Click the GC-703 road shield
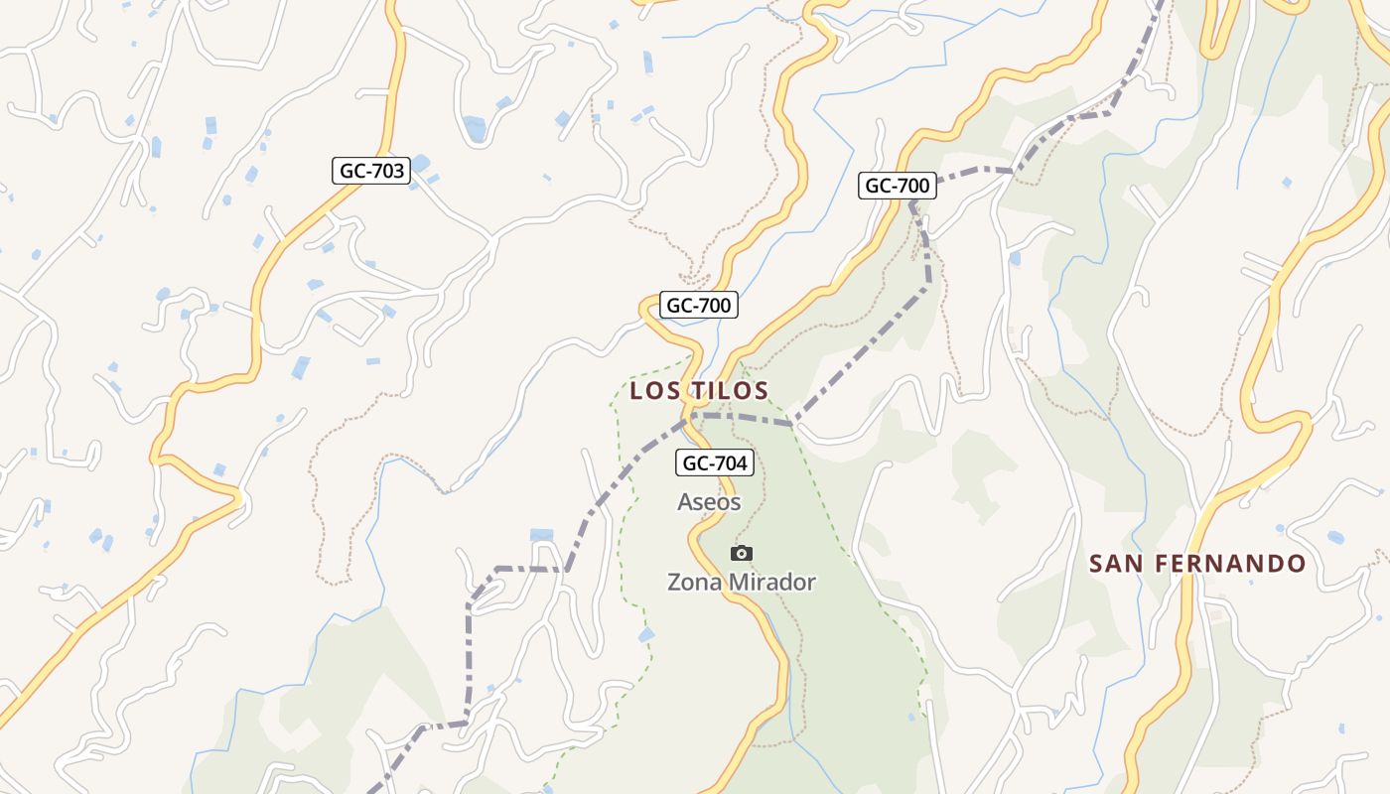(x=371, y=171)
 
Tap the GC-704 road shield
(x=715, y=462)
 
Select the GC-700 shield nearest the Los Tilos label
(x=699, y=306)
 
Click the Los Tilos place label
(x=699, y=390)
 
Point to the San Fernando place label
(x=1197, y=564)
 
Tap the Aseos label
(x=709, y=502)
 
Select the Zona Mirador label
(x=741, y=583)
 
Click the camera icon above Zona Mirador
(x=741, y=554)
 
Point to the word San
(x=1112, y=564)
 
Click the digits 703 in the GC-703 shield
(x=386, y=171)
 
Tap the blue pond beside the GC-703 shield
(x=420, y=162)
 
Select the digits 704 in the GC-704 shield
(x=730, y=462)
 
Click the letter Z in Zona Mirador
(x=674, y=583)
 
